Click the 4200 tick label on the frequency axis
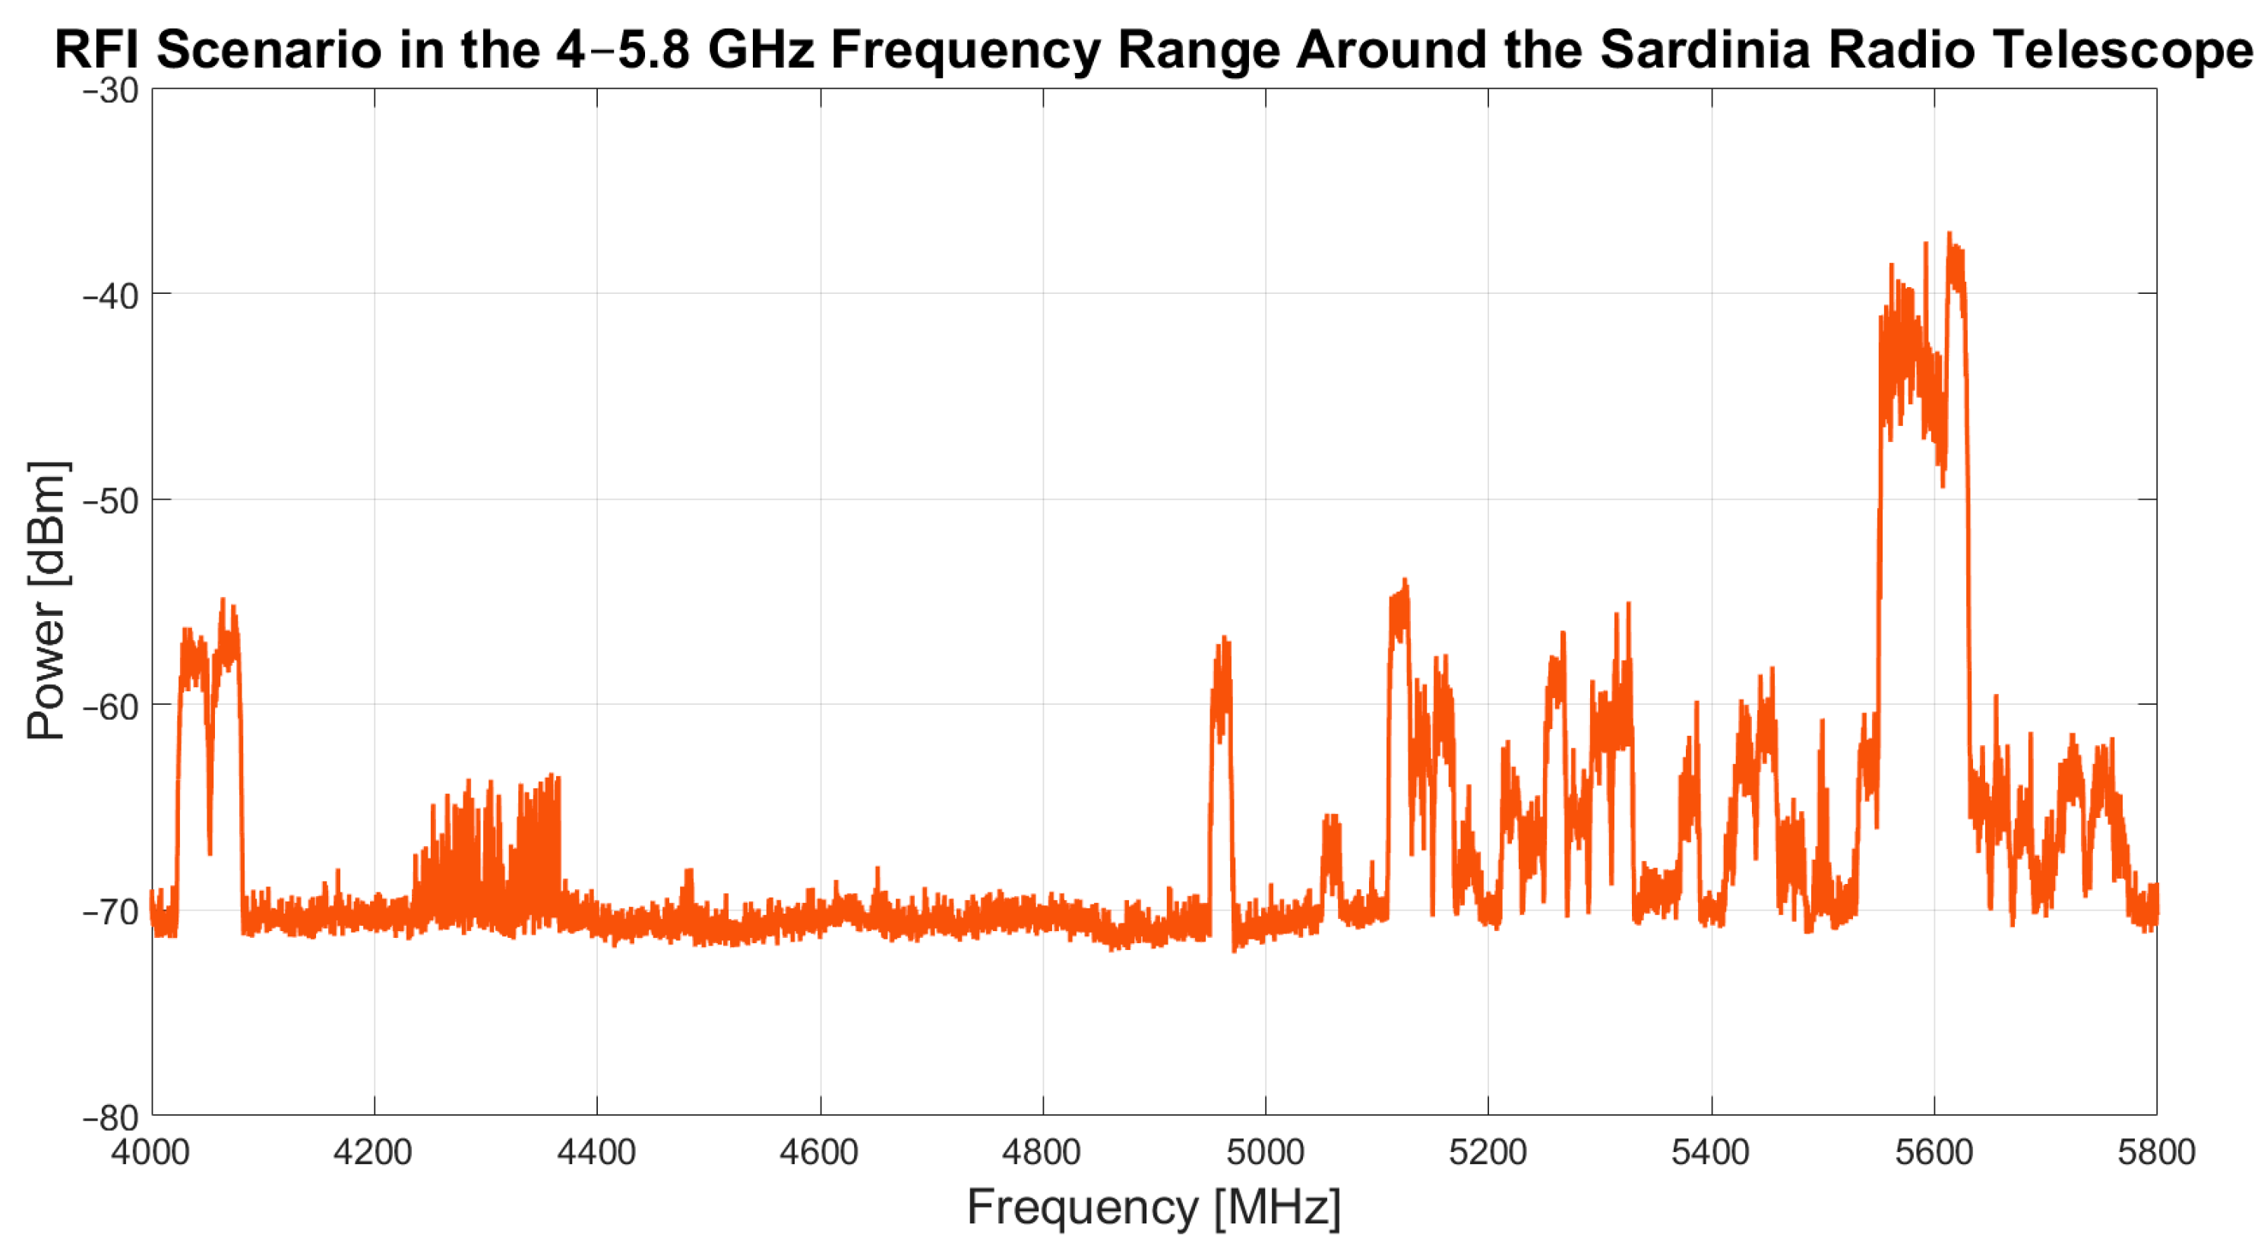coord(372,1152)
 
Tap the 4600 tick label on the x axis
coord(818,1152)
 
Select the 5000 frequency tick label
coord(1265,1152)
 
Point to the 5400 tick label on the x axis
coord(1710,1152)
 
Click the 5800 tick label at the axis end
coord(2156,1152)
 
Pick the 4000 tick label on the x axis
coord(150,1152)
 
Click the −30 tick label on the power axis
coord(111,90)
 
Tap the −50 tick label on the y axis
coord(111,501)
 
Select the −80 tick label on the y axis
coord(111,1118)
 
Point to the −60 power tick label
coord(111,706)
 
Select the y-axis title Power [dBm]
coord(46,600)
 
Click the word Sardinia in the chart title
coord(1704,49)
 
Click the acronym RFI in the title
coord(96,49)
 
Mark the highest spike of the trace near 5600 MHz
coord(1949,235)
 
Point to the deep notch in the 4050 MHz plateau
coord(209,851)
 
